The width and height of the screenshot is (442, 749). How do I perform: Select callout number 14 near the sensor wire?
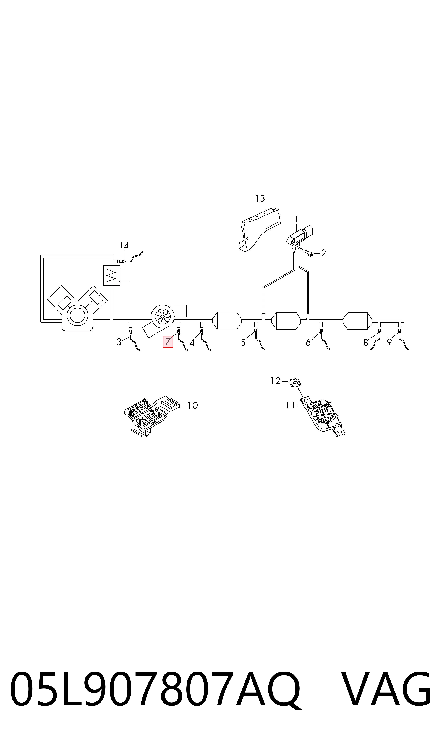124,246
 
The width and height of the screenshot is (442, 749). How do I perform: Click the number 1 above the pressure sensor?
296,219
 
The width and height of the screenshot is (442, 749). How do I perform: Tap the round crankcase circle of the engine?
77,315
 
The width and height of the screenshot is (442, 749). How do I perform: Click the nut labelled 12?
295,382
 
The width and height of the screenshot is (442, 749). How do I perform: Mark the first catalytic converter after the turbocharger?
227,321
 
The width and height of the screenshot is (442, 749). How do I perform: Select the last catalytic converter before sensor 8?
358,321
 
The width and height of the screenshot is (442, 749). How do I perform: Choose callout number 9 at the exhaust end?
389,342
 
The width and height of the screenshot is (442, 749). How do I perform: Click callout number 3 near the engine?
119,342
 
